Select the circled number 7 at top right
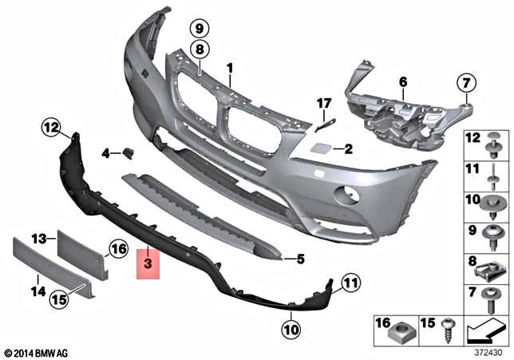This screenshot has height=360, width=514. pos(465,81)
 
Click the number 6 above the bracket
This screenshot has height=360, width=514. pos(403,81)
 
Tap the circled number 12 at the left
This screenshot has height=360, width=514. pos(52,126)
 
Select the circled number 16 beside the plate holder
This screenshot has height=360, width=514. pos(118,250)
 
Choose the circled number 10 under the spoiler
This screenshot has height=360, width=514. pos(289,326)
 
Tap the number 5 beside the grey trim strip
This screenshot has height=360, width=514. pos(300,259)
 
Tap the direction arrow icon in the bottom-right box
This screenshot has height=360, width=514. pos(488,328)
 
